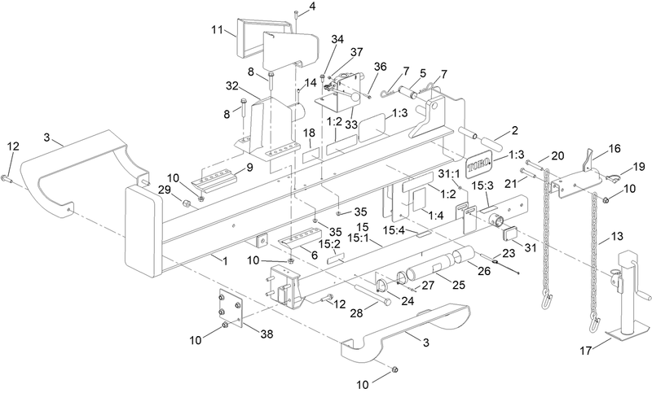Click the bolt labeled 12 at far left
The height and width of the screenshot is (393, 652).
pos(6,177)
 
